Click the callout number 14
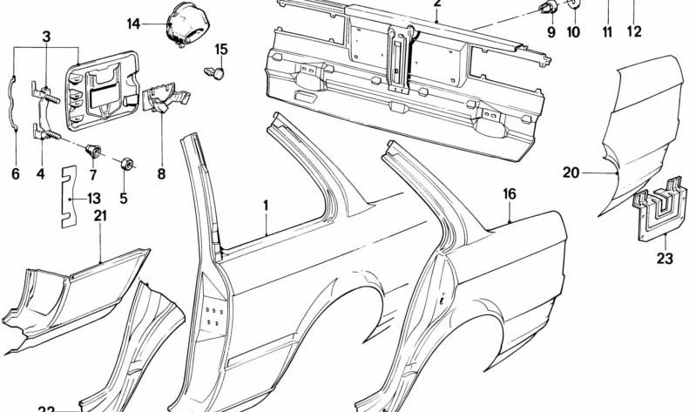[x=132, y=23]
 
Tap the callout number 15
[x=221, y=49]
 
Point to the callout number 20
[x=571, y=172]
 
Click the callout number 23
[x=664, y=258]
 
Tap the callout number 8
[x=161, y=173]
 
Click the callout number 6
[x=15, y=173]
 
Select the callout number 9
[x=551, y=32]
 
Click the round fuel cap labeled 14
[x=184, y=24]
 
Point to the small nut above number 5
[x=126, y=162]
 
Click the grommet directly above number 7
[x=92, y=153]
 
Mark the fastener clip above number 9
[x=549, y=10]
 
